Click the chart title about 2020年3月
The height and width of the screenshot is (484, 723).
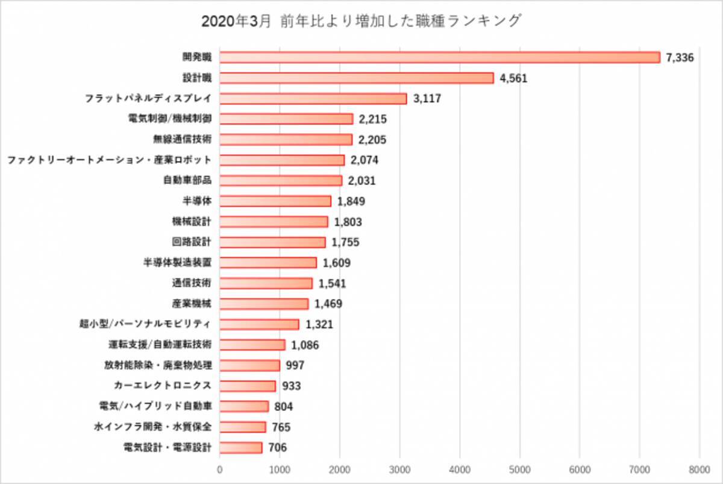pyautogui.click(x=361, y=22)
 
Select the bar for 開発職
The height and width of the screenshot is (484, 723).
pyautogui.click(x=440, y=57)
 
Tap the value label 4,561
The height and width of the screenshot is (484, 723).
pyautogui.click(x=513, y=78)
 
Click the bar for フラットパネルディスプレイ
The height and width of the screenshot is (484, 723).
pyautogui.click(x=313, y=98)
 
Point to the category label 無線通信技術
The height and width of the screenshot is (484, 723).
pyautogui.click(x=183, y=139)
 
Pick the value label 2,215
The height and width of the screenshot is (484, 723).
pyautogui.click(x=372, y=119)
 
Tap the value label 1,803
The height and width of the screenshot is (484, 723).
pyautogui.click(x=348, y=222)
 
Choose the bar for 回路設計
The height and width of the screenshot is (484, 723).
pyautogui.click(x=272, y=242)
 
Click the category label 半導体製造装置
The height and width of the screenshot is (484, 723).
pyautogui.click(x=177, y=263)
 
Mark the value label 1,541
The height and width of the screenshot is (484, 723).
pyautogui.click(x=332, y=283)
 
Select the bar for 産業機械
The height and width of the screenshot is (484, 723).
pyautogui.click(x=264, y=304)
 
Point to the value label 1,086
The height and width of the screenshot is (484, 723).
pyautogui.click(x=305, y=345)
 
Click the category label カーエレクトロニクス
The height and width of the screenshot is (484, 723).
pyautogui.click(x=162, y=386)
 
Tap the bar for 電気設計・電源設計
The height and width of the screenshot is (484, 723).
pyautogui.click(x=241, y=447)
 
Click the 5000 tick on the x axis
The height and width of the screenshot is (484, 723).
pyautogui.click(x=519, y=468)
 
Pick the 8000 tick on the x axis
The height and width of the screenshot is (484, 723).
pyautogui.click(x=699, y=468)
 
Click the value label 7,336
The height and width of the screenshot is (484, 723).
pyautogui.click(x=681, y=58)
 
